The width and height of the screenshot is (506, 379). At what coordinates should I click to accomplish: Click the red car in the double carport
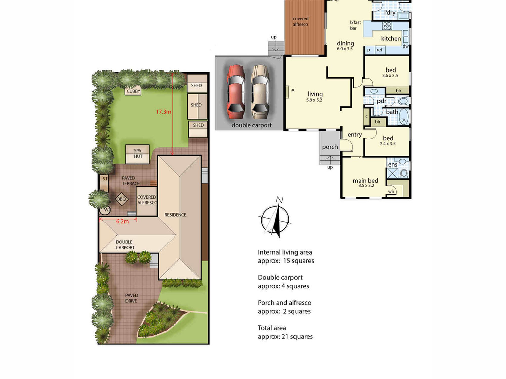coord(236,92)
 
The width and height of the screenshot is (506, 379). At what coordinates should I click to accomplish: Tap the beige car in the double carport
coord(260,92)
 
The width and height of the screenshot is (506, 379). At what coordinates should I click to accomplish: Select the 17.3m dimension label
coord(163,112)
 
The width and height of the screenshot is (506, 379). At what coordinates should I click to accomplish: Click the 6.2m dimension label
coord(122,221)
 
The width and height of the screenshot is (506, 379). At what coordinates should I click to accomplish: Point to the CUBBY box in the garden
coord(133,91)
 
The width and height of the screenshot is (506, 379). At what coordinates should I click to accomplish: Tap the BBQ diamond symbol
coord(121,199)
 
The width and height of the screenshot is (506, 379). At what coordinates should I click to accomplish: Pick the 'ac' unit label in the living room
coord(293,90)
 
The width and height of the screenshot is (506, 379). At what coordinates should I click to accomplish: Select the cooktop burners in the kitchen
coord(387,26)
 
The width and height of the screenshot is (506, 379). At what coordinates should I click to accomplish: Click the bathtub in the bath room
coord(404,117)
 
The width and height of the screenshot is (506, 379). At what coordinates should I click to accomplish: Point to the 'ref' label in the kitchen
coord(379,50)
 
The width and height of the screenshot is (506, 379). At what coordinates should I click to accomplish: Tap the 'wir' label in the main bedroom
coord(391,191)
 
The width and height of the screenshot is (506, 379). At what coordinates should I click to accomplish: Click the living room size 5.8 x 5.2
coord(314,100)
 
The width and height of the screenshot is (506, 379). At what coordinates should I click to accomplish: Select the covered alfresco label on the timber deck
coord(301,21)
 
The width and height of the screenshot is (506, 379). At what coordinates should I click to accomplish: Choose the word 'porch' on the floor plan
coord(330,147)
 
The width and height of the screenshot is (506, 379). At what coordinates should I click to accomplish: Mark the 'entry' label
coord(355,135)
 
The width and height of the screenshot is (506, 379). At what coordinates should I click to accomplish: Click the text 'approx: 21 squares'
coord(285,337)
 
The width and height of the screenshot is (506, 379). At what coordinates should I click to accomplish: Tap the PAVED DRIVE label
coord(131,298)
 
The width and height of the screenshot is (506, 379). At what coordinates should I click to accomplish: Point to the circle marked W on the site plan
coord(105,210)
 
